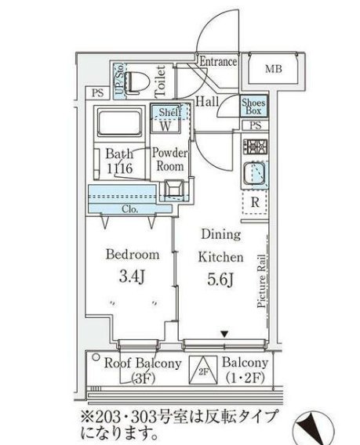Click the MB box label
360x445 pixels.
tap(272, 70)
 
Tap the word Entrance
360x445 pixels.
tap(218, 62)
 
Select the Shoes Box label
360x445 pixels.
tap(254, 106)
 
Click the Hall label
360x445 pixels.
tap(208, 100)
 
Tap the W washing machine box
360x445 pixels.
tap(166, 125)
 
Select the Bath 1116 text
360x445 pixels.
tap(119, 160)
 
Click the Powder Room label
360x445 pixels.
tap(169, 160)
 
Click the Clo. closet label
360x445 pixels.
tap(131, 209)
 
